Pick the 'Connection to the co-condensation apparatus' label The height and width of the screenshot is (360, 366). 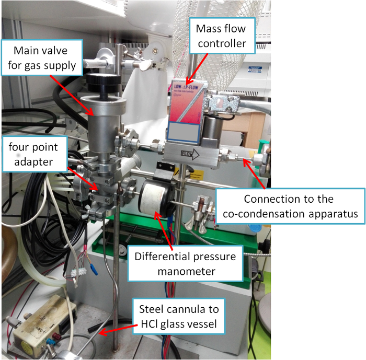tap(291, 207)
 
